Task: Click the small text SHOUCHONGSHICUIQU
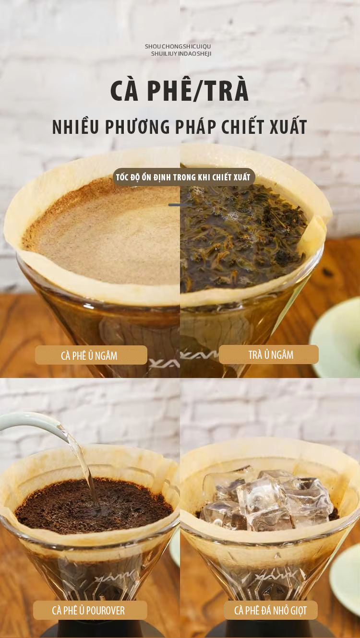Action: (x=178, y=46)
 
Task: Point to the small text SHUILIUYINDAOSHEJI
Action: (x=181, y=54)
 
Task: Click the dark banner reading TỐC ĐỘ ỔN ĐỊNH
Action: (x=183, y=177)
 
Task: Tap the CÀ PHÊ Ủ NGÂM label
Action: (x=91, y=355)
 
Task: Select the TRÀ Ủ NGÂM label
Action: (x=269, y=354)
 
